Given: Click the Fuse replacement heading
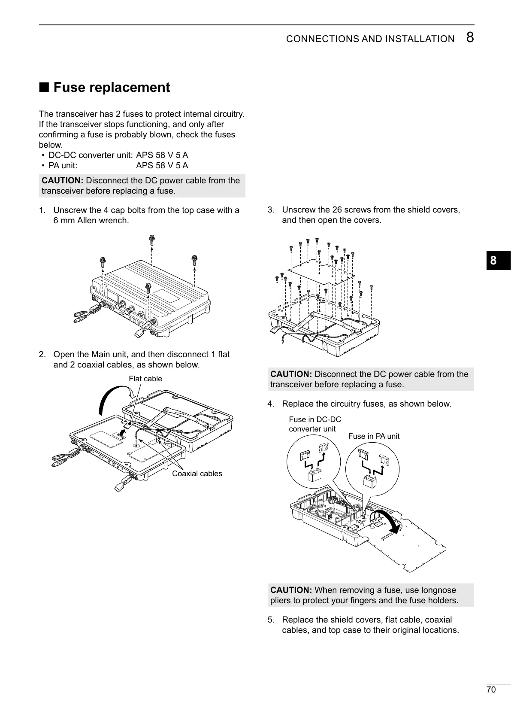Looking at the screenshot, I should click(x=111, y=88).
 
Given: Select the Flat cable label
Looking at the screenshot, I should click(x=145, y=379).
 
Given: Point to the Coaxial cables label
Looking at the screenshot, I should click(x=197, y=474).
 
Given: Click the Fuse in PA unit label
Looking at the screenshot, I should click(x=374, y=436).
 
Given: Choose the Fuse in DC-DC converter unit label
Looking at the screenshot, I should click(x=314, y=424).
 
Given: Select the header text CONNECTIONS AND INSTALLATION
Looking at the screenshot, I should click(x=370, y=39).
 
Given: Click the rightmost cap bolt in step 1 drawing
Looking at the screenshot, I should click(x=194, y=259).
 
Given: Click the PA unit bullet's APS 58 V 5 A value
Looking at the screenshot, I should click(x=162, y=166).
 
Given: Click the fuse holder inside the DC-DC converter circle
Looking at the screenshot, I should click(x=315, y=475).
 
